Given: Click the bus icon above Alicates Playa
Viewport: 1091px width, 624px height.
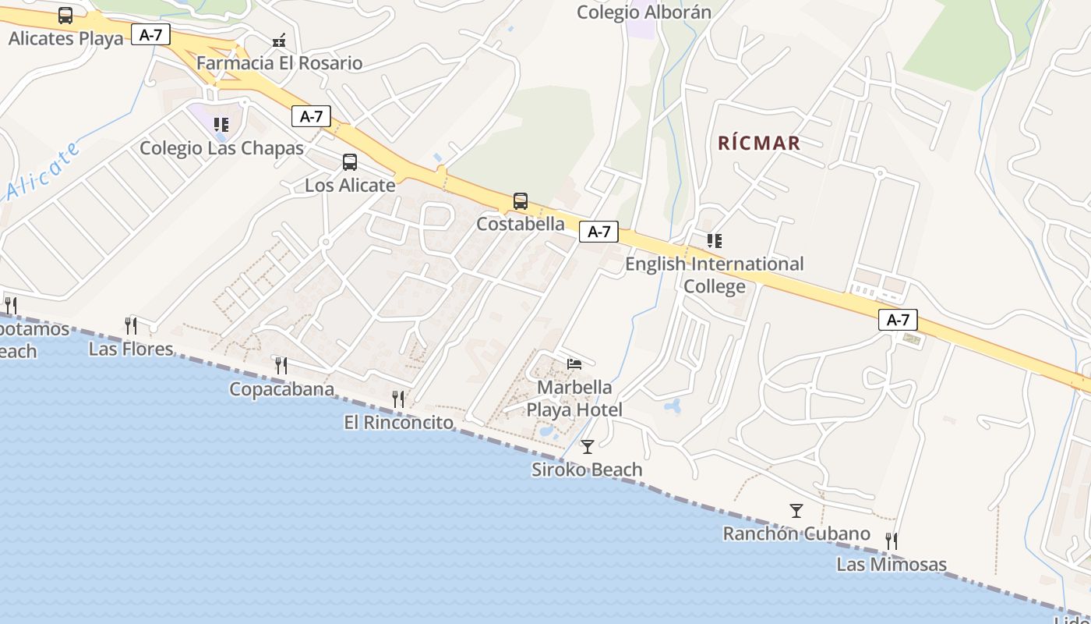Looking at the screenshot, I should coord(65,16).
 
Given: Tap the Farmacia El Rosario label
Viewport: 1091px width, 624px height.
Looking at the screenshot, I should coord(279,63).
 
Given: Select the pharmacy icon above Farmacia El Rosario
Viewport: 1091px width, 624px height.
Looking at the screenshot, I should coord(279,41).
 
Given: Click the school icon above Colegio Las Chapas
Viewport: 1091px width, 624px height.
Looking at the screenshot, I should coord(221,125).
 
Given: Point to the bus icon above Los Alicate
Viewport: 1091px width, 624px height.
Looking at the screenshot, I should coord(350,162).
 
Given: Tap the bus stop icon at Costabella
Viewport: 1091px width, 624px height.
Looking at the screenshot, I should coord(521,201).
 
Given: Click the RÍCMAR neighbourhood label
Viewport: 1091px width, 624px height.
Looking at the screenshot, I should coord(758,143).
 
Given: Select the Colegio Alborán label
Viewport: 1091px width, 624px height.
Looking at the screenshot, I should coord(644,12).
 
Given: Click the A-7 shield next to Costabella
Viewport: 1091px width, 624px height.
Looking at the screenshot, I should coord(598,232).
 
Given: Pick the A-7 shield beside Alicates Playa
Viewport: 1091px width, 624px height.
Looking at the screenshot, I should coord(150,34).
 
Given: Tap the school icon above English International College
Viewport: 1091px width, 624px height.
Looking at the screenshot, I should coord(714,241).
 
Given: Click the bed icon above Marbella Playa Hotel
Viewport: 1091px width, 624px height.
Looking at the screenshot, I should coord(574,364).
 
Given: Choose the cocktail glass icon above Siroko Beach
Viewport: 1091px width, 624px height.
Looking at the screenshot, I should coord(588,447).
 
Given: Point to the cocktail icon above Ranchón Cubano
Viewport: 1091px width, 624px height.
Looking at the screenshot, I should coord(796,511).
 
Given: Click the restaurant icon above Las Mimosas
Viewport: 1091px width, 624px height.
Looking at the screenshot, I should coord(892,541).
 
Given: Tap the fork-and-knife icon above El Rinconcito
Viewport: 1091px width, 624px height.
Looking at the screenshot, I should coord(398,399).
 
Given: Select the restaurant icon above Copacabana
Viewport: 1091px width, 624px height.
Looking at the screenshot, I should coord(281,365).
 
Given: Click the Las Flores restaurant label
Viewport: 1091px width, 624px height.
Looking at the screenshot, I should coord(131,349).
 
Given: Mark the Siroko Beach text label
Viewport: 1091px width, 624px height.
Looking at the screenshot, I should coord(587,470).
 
